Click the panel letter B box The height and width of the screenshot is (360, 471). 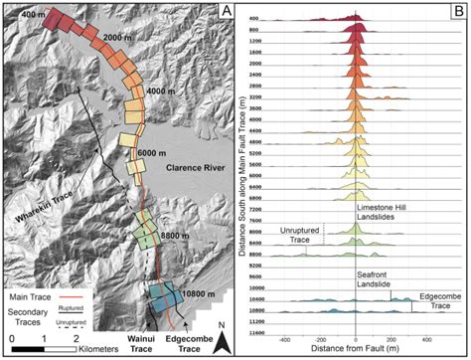coord(455,12)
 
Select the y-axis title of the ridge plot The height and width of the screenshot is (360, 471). coord(243,179)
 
